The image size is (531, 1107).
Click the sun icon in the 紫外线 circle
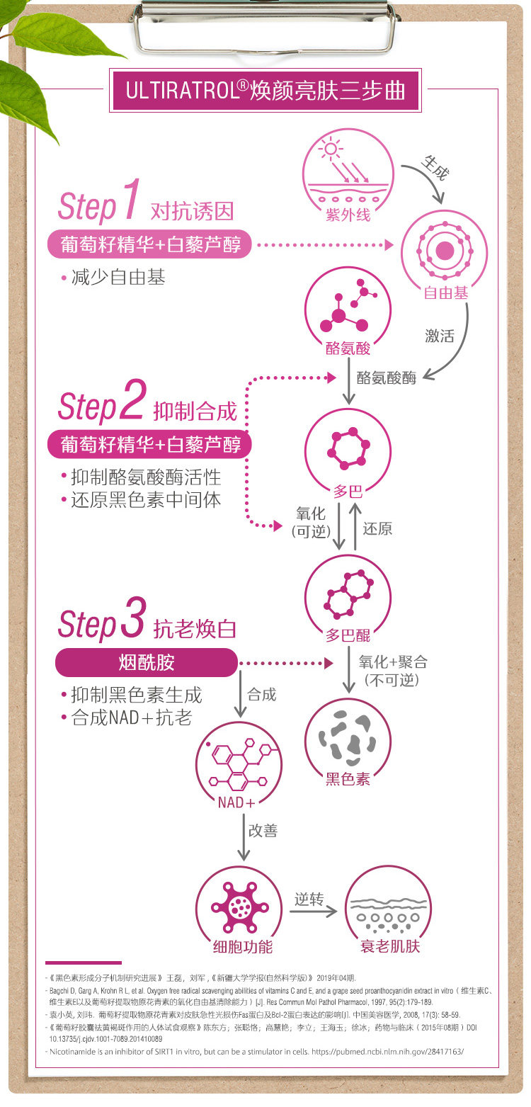pyautogui.click(x=330, y=150)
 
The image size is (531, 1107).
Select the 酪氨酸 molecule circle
pyautogui.click(x=348, y=310)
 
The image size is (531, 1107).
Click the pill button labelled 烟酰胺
pyautogui.click(x=147, y=663)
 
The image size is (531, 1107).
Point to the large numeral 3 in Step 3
pyautogui.click(x=133, y=619)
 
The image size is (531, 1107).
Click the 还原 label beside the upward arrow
pyautogui.click(x=377, y=528)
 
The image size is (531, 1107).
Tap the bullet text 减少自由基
pyautogui.click(x=118, y=278)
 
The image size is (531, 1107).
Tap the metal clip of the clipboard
pyautogui.click(x=265, y=28)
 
